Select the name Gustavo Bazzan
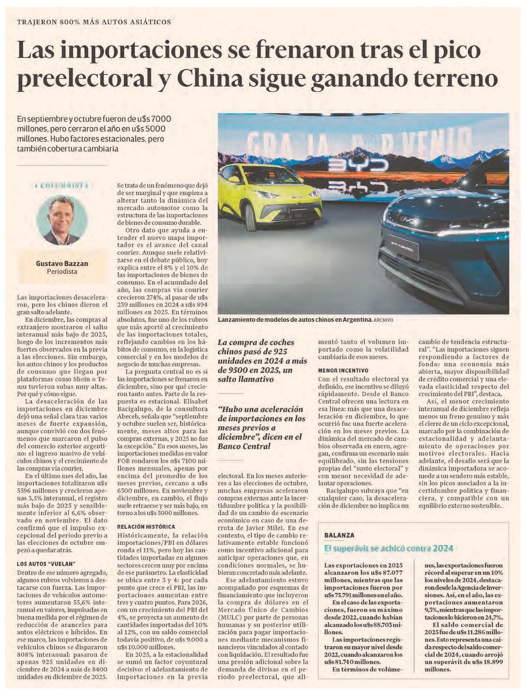pyautogui.click(x=62, y=264)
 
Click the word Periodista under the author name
pyautogui.click(x=62, y=272)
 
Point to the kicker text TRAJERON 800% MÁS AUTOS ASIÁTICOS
pyautogui.click(x=94, y=22)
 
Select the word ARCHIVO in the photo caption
pyautogui.click(x=383, y=320)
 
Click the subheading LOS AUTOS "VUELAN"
pyautogui.click(x=46, y=564)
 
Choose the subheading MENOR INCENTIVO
pyautogui.click(x=343, y=371)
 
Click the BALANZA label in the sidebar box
pyautogui.click(x=339, y=535)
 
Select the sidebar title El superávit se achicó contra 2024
pyautogui.click(x=388, y=548)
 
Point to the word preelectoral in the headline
pyautogui.click(x=85, y=79)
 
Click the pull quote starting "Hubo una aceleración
pyautogui.click(x=261, y=428)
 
